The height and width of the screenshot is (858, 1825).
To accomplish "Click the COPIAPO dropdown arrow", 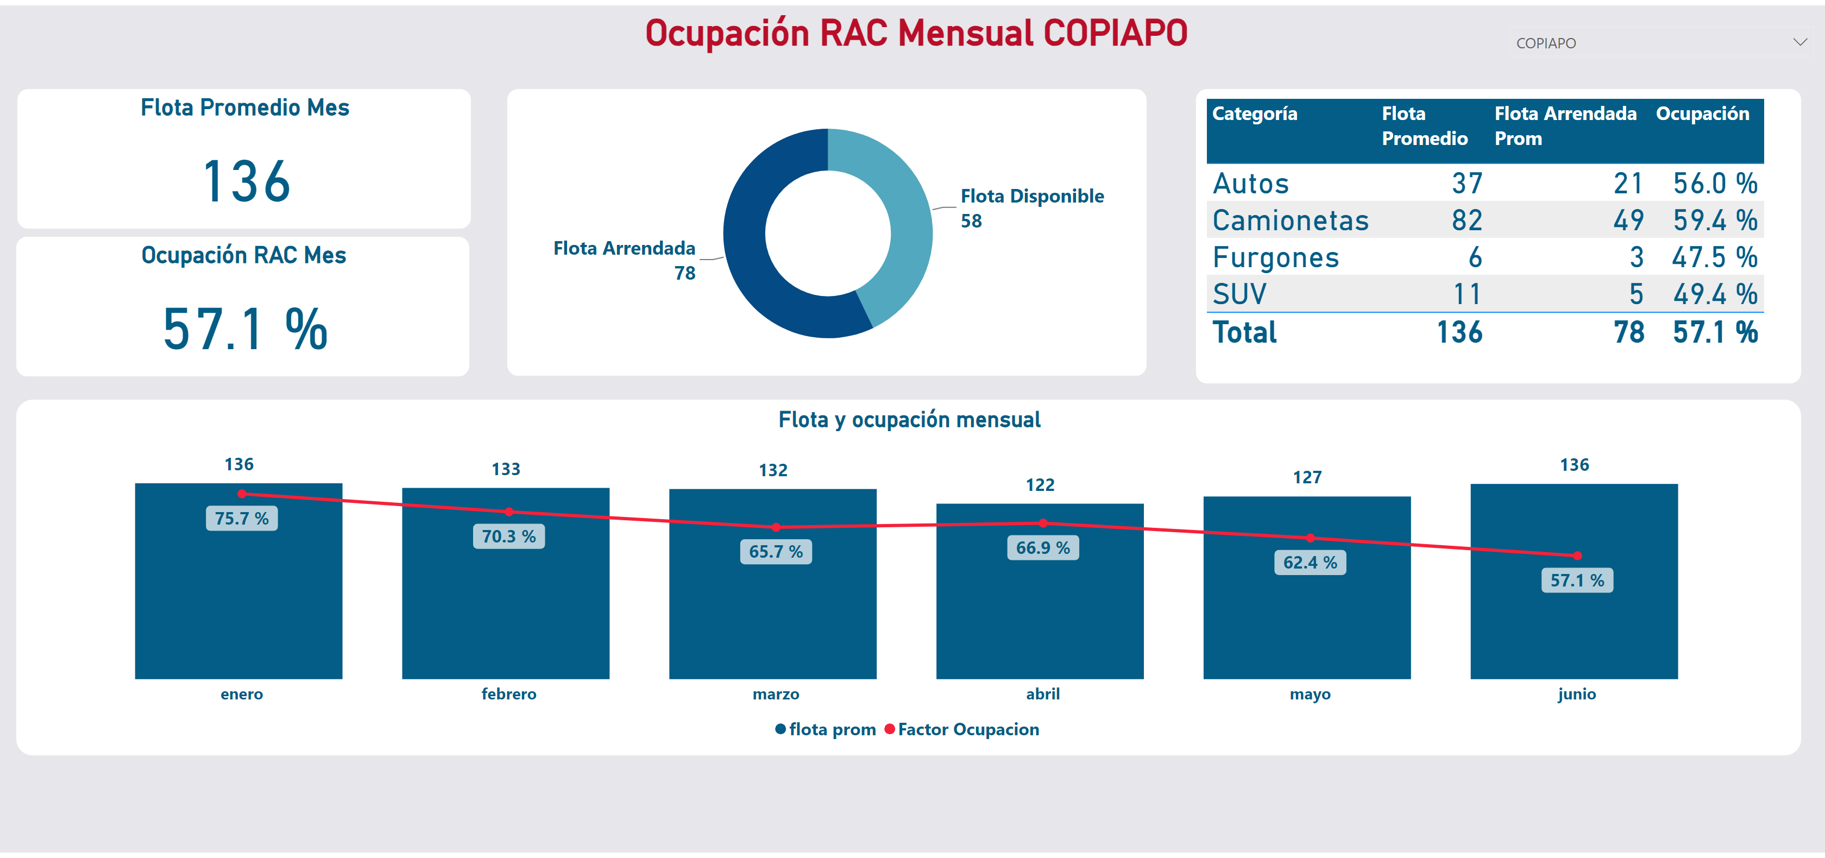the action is (1799, 42).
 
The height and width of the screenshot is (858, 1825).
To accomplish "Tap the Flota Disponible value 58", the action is (971, 221).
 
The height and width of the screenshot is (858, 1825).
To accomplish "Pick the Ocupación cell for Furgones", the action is (1715, 257).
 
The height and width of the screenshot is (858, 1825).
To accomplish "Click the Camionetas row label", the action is (1290, 220).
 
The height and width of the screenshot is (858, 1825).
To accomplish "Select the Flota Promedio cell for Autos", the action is (1467, 184).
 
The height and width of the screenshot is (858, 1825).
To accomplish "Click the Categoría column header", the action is (1255, 113).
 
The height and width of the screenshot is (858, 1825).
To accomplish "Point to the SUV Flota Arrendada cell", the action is (1636, 294).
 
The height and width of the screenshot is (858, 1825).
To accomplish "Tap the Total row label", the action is (1245, 332).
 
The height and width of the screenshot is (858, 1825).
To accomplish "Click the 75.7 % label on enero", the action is (242, 519).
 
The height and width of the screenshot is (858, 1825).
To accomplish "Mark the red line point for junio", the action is (1577, 556).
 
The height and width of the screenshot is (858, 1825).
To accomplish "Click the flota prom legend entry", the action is (826, 729).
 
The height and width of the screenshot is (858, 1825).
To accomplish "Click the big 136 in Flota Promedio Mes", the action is (247, 181).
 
